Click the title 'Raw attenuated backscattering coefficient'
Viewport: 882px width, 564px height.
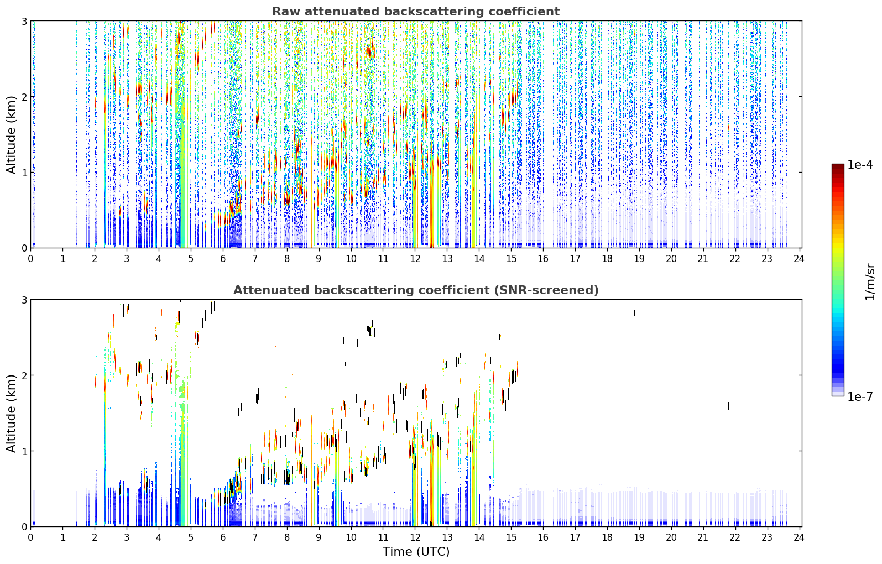(416, 12)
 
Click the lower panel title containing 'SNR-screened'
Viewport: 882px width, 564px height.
(416, 290)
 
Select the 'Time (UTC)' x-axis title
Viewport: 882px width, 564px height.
(416, 551)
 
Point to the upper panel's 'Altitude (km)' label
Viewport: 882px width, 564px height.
(11, 134)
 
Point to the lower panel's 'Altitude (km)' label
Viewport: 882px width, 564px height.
(11, 413)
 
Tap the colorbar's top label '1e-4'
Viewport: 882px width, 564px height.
(860, 165)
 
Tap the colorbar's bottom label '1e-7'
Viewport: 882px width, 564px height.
(860, 396)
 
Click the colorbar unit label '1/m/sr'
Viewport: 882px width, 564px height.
(870, 282)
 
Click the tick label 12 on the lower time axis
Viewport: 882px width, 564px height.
(415, 537)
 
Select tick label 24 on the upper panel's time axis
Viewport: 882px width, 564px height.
(799, 259)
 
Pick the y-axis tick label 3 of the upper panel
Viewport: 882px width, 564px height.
(24, 21)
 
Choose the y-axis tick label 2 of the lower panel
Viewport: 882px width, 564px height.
(24, 375)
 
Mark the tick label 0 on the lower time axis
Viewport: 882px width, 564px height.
(31, 537)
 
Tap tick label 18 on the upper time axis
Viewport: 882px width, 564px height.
(607, 259)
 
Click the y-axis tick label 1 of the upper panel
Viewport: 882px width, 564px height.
(24, 173)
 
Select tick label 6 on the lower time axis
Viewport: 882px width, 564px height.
(223, 537)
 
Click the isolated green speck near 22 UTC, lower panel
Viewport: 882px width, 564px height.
(728, 406)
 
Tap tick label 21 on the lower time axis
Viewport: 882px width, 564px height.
(703, 537)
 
